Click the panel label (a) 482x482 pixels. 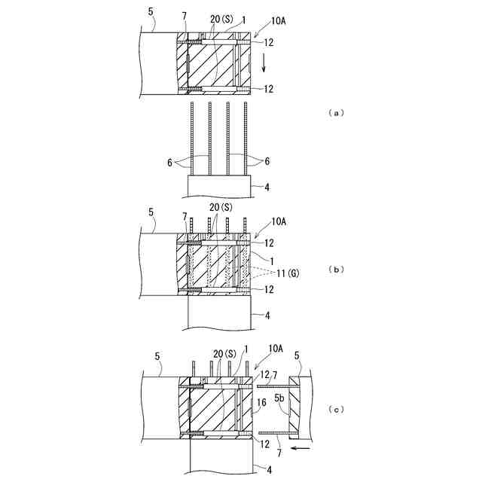(336, 113)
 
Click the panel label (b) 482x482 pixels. (336, 268)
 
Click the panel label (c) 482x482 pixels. (336, 410)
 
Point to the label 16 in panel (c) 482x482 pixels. (261, 404)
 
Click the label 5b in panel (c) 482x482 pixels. (279, 396)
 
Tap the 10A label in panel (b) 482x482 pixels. (277, 220)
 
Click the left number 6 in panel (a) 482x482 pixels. (170, 161)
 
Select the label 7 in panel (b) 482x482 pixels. (185, 216)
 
